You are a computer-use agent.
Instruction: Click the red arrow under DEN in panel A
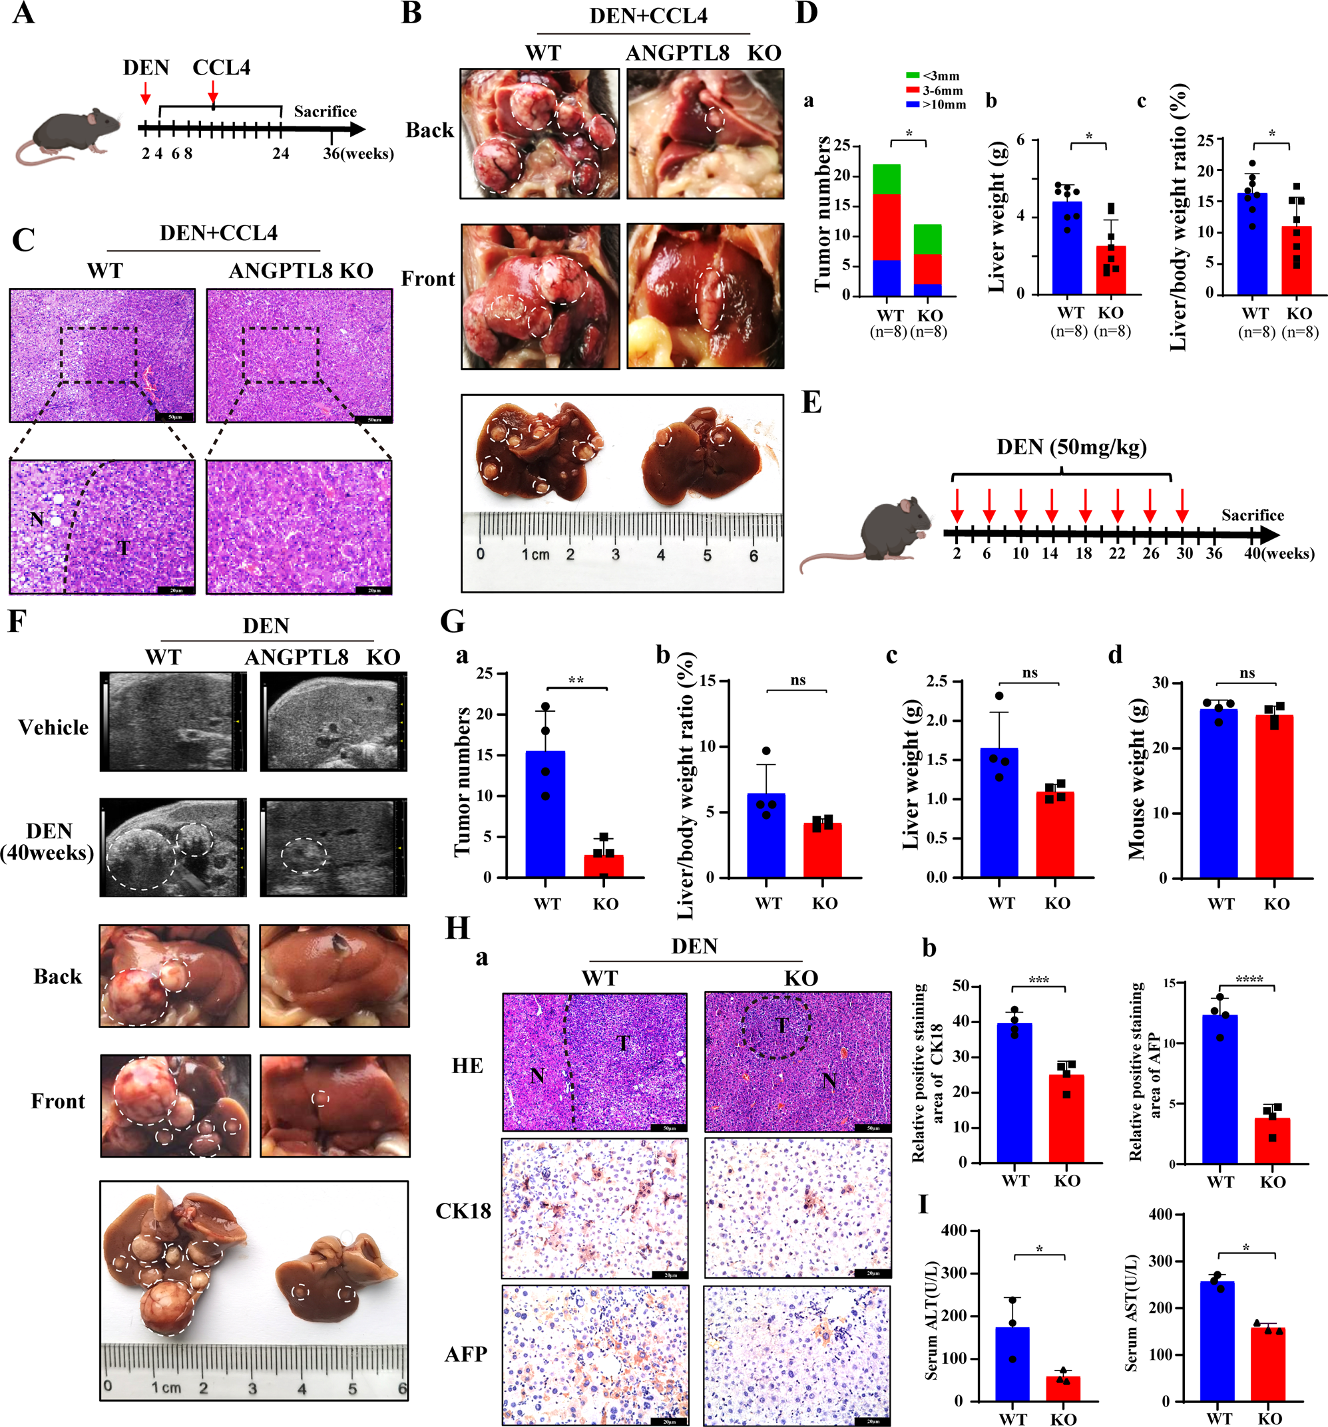[146, 92]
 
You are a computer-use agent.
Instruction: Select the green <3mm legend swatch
[912, 75]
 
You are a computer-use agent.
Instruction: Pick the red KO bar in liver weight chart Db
[1110, 270]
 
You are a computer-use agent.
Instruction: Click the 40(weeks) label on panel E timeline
[1279, 554]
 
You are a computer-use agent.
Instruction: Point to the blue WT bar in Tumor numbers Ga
[545, 814]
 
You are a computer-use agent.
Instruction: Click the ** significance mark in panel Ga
[576, 680]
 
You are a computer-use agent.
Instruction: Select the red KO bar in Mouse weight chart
[1274, 797]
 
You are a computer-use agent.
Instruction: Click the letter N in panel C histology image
[37, 518]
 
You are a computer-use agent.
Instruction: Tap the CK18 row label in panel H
[463, 1211]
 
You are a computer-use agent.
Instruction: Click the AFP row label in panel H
[465, 1354]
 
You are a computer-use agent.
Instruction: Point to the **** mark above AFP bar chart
[1249, 979]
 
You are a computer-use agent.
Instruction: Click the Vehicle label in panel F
[53, 727]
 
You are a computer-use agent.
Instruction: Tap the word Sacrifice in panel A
[325, 111]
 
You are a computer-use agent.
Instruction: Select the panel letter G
[453, 621]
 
